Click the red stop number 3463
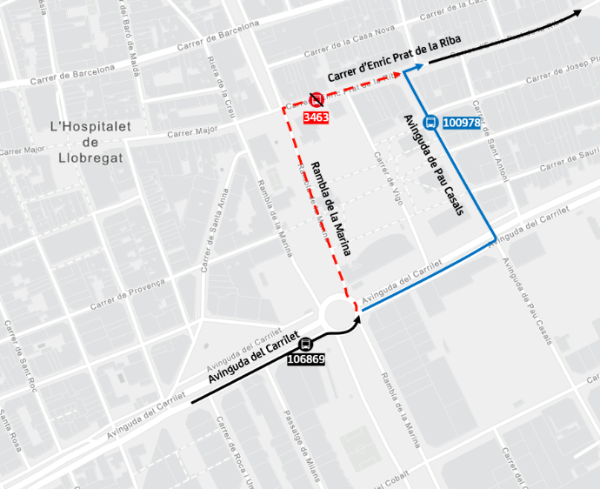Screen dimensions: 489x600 tap(315, 117)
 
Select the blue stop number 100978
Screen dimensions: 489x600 tap(462, 123)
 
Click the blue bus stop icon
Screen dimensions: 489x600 tap(430, 123)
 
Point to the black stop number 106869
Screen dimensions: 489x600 tap(305, 358)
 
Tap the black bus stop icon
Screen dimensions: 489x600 tap(305, 345)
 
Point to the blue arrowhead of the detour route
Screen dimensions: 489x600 tap(419, 67)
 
